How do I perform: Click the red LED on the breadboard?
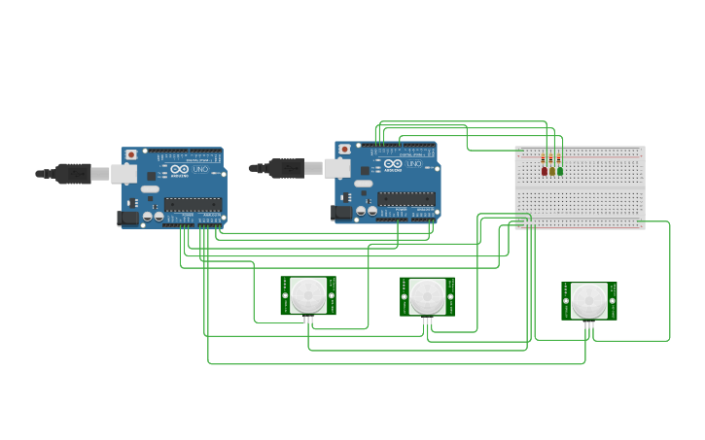(545, 171)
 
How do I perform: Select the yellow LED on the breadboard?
(552, 171)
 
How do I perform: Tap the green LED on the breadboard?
(560, 171)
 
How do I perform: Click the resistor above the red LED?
(544, 159)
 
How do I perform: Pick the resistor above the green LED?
(560, 159)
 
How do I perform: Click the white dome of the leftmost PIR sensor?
(308, 294)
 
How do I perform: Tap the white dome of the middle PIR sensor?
(428, 295)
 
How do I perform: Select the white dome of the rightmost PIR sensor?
(589, 300)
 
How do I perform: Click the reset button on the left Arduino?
(130, 154)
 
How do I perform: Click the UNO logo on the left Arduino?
(199, 169)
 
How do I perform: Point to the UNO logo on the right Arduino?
(413, 163)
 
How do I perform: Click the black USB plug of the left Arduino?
(73, 174)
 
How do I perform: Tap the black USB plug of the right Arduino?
(287, 168)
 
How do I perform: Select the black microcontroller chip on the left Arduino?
(193, 204)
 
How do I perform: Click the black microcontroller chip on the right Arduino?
(406, 198)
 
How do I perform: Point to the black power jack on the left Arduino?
(127, 219)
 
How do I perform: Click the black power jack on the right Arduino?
(341, 213)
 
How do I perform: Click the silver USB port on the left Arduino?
(124, 174)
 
